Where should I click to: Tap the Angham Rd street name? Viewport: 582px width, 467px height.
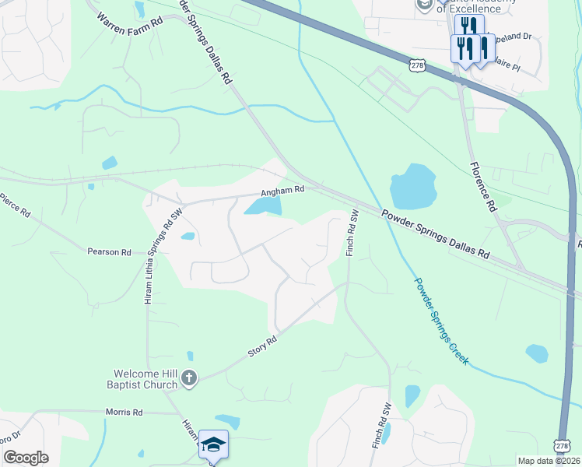pos(281,189)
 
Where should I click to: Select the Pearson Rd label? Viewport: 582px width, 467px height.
pos(109,251)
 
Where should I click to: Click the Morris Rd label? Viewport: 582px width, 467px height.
pos(126,412)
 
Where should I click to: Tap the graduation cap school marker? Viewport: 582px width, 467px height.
pos(213,444)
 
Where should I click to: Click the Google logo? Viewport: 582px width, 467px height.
pos(26,458)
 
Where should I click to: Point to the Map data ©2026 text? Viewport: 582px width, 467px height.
pos(549,461)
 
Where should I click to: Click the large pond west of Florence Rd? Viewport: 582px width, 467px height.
pos(412,188)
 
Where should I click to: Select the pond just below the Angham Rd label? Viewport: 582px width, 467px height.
pos(263,205)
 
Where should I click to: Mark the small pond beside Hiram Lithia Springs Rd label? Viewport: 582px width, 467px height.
pos(188,237)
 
